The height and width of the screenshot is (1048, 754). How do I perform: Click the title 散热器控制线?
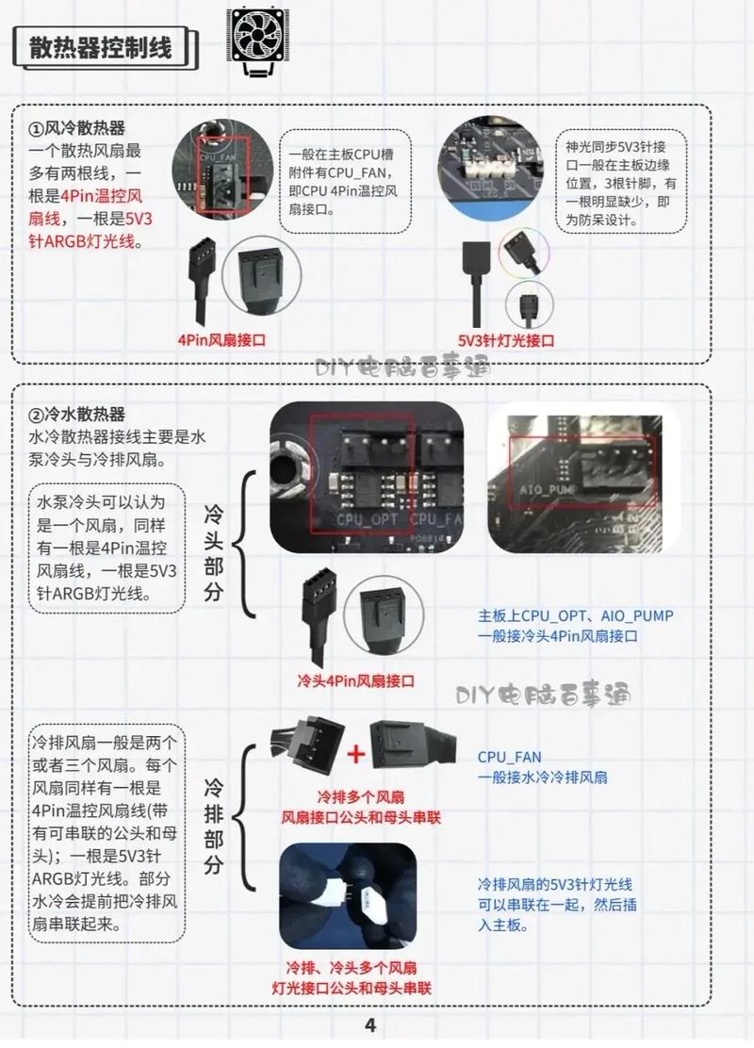click(101, 48)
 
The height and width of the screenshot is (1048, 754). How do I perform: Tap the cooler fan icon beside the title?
click(257, 41)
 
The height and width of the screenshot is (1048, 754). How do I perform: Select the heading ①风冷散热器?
click(77, 128)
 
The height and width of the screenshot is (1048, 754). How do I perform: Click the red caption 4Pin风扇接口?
click(221, 339)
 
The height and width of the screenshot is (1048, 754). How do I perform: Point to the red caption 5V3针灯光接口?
click(506, 340)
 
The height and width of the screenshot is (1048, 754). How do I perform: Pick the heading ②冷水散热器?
click(77, 415)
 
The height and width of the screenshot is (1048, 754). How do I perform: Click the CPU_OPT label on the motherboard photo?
click(368, 519)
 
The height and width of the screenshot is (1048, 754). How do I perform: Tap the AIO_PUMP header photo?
click(584, 483)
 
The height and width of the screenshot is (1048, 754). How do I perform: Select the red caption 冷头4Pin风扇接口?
click(356, 681)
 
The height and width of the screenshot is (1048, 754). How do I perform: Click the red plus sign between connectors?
click(356, 754)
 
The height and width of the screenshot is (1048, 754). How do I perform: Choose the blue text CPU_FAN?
click(509, 758)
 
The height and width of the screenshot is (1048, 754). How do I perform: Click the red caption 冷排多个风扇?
click(360, 796)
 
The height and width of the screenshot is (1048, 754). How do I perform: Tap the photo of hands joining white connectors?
click(349, 895)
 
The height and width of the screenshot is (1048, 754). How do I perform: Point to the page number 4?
click(370, 1024)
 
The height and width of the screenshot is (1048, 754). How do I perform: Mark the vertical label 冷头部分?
click(213, 553)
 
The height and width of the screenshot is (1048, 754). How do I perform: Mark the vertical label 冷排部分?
click(213, 827)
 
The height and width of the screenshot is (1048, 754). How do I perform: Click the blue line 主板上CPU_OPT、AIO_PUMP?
click(576, 615)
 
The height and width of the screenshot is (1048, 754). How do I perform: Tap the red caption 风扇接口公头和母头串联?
click(361, 817)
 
